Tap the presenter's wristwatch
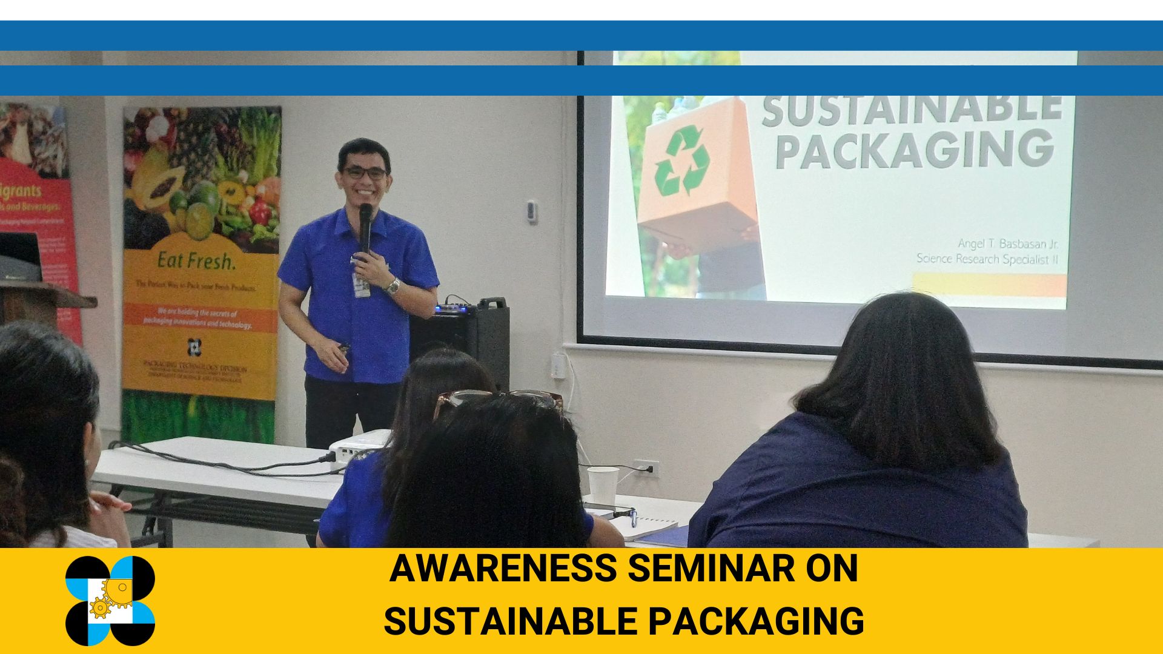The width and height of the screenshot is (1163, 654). [393, 286]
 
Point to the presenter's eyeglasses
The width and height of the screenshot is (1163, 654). [365, 173]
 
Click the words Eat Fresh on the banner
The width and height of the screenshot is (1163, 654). [195, 262]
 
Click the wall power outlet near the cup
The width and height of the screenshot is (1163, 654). [645, 467]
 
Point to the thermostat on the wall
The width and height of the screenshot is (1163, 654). [532, 211]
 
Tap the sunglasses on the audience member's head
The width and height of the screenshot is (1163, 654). [498, 401]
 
